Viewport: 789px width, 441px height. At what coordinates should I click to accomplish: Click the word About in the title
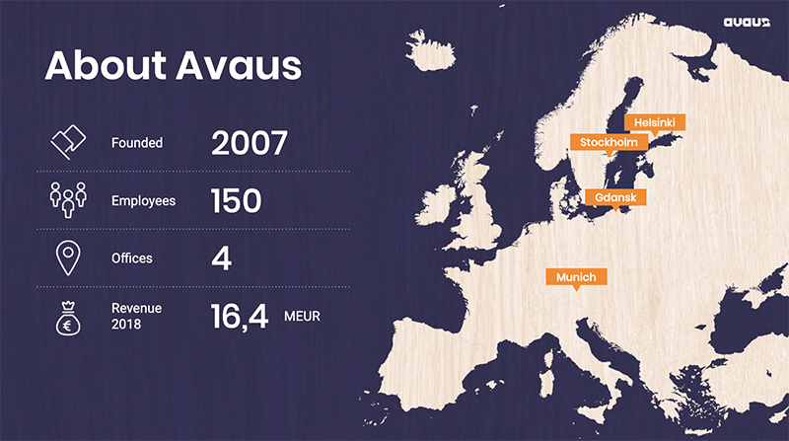[x=107, y=65]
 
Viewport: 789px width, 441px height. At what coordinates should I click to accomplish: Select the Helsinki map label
[x=655, y=121]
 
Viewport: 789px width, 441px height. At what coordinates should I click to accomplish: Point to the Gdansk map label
[x=615, y=197]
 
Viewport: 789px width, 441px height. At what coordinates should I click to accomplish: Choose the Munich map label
[x=576, y=277]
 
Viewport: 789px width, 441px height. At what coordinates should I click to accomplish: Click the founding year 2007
[x=249, y=143]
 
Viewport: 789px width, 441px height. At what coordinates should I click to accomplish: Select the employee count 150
[x=236, y=201]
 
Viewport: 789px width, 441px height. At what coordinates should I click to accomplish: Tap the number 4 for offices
[x=221, y=258]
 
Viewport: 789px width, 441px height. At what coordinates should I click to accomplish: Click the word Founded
[x=137, y=143]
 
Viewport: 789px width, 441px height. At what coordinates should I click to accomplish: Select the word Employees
[x=143, y=201]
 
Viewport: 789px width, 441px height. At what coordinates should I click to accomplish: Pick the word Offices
[x=133, y=258]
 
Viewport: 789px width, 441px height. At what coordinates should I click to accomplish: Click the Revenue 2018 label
[x=136, y=316]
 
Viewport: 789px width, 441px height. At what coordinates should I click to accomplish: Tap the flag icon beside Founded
[x=68, y=142]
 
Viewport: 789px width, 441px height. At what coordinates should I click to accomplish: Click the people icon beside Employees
[x=68, y=199]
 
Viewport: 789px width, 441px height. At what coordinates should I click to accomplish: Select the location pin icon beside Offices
[x=68, y=257]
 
